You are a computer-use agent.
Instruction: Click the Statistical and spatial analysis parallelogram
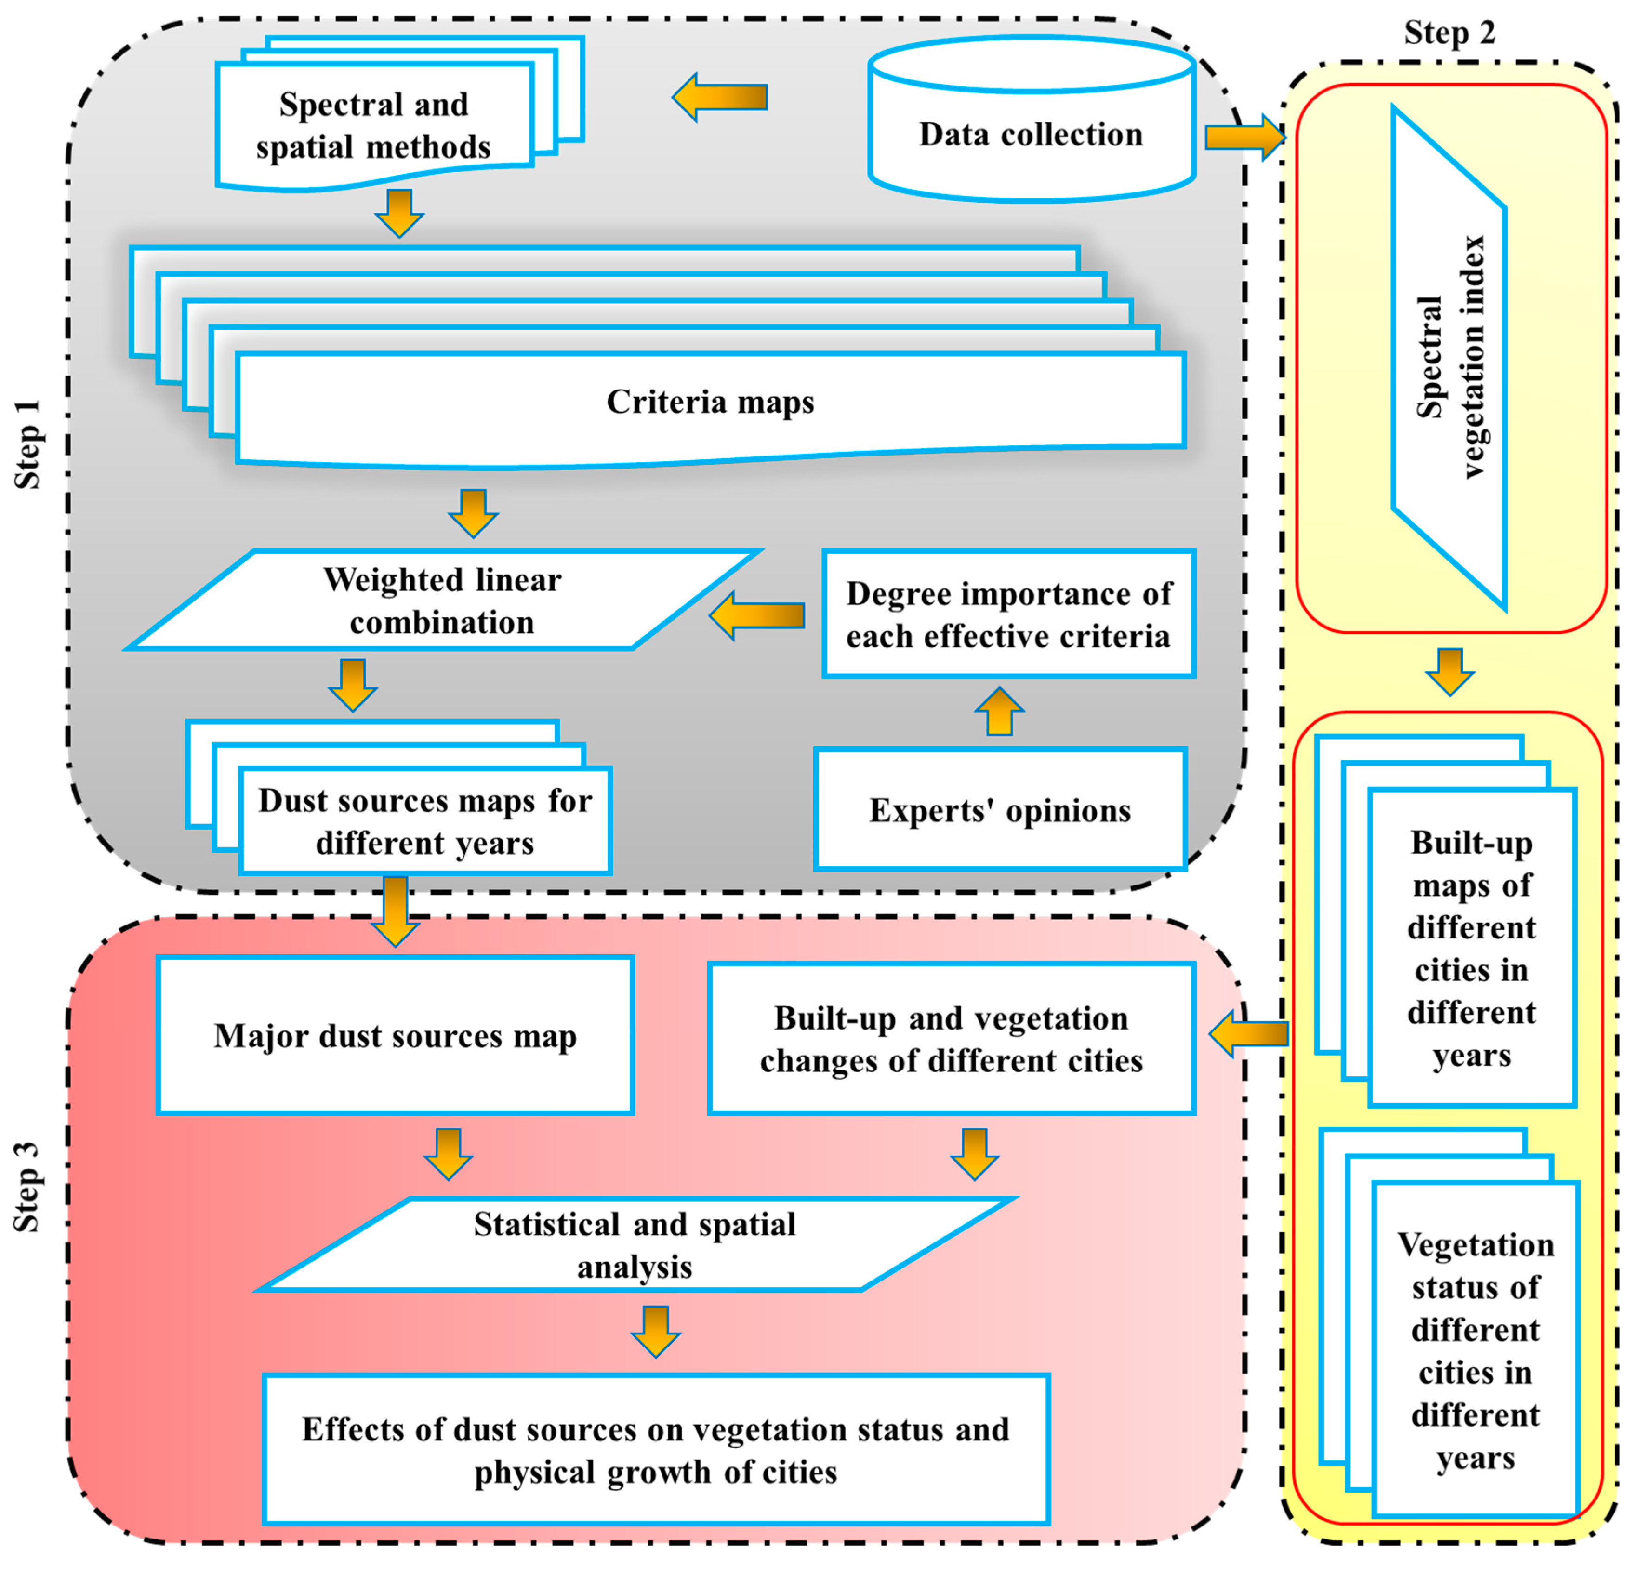point(635,1245)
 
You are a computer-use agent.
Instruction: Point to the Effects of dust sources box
point(655,1450)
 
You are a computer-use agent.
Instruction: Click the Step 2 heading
point(1449,33)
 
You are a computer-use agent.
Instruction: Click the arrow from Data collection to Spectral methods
point(720,97)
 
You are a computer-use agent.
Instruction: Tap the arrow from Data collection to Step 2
point(1244,137)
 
